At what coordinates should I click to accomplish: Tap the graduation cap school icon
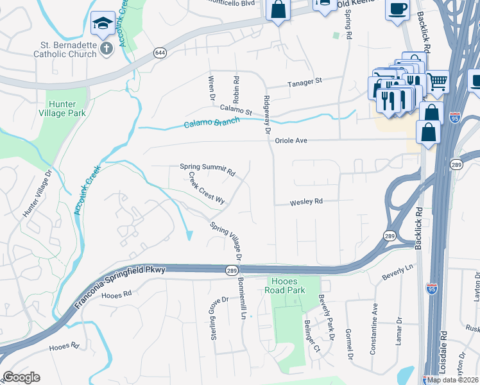pos(103,24)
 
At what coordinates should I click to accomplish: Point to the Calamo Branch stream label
pos(212,123)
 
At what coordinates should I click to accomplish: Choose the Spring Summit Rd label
pos(208,169)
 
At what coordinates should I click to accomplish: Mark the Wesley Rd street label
pos(306,201)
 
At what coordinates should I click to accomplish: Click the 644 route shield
pos(160,52)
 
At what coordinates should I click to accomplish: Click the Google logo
pos(21,377)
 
